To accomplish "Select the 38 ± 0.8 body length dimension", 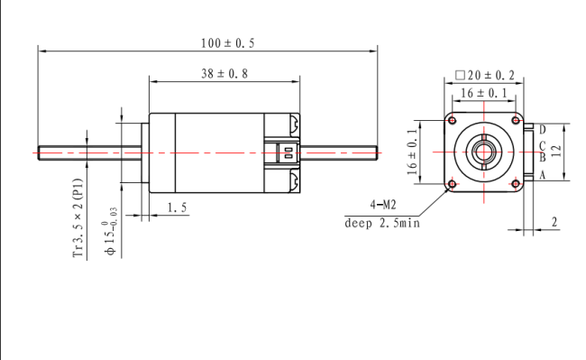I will [224, 74].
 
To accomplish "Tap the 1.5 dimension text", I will [177, 208].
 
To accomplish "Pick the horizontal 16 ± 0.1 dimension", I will [483, 93].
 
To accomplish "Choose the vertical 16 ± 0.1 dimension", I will [414, 151].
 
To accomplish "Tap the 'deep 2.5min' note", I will [382, 223].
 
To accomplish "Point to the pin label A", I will [542, 176].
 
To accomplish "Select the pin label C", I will [542, 145].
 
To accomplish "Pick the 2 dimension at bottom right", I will [554, 221].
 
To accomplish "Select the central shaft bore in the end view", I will [485, 152].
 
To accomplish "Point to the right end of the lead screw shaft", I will [376, 152].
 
